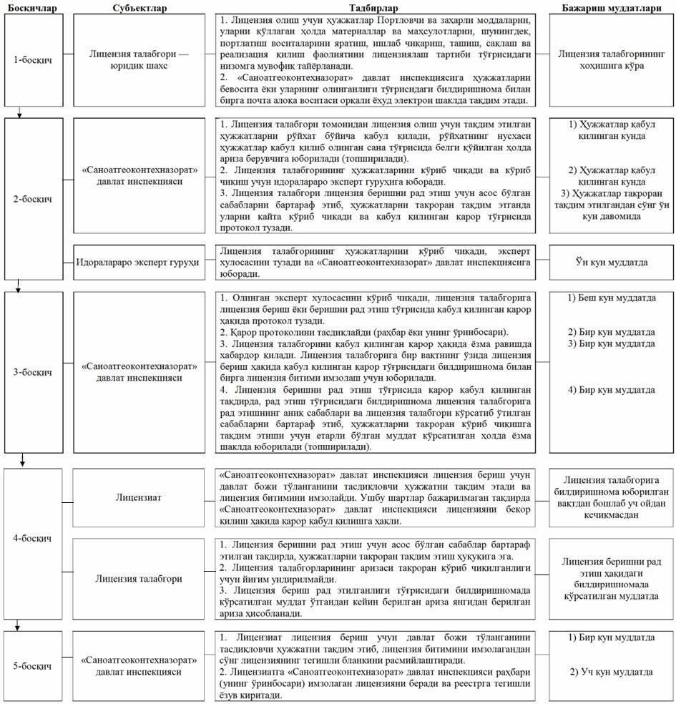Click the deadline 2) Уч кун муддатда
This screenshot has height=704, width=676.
(612, 673)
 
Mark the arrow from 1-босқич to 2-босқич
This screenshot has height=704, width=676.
(20, 111)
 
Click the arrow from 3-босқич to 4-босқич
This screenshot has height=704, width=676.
(24, 459)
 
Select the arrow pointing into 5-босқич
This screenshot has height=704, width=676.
(20, 627)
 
